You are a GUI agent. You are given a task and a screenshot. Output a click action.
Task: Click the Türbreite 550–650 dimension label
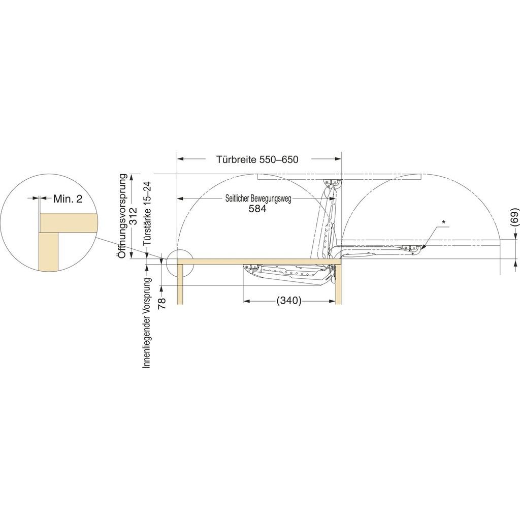coord(257,159)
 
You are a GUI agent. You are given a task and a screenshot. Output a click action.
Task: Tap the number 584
coord(257,209)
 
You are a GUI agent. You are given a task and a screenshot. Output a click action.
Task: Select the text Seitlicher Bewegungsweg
coord(258,199)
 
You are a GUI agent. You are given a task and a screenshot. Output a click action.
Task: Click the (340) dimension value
coord(289,301)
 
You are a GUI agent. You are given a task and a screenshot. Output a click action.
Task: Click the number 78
coord(162,303)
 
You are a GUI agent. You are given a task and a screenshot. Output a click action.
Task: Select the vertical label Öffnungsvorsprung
coord(123,216)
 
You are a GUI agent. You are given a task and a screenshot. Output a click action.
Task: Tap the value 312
coord(133,216)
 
